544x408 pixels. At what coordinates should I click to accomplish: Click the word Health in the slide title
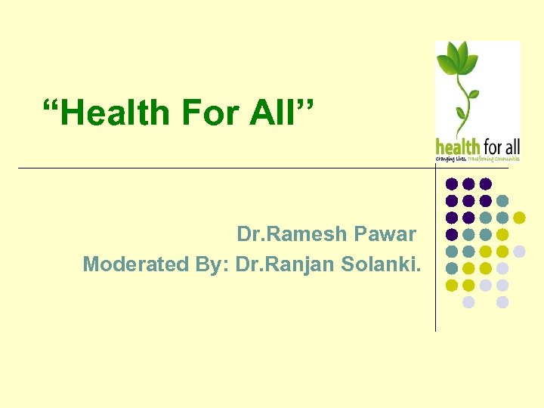point(116,113)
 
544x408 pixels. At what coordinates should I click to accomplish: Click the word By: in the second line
point(212,264)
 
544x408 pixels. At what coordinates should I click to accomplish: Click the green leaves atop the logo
point(460,61)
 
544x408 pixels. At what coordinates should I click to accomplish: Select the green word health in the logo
point(458,145)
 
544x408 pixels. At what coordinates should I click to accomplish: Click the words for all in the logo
point(501,145)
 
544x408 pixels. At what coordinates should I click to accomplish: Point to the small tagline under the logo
point(478,159)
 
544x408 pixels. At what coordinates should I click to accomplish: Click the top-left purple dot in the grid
point(452,184)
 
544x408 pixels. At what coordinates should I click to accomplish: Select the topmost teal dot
point(502,201)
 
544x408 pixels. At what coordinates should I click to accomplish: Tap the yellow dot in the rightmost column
point(519,218)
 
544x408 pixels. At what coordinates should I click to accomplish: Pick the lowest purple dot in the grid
point(452,234)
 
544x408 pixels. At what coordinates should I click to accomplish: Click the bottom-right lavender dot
point(502,302)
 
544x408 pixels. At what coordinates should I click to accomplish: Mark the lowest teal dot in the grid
point(452,268)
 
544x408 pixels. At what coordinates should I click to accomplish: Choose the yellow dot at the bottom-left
point(452,285)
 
